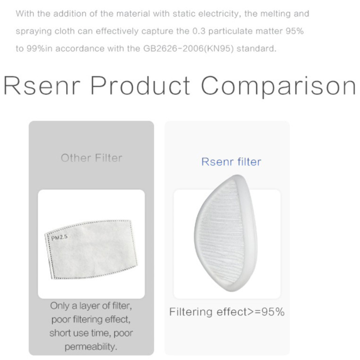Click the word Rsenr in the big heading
click(42, 85)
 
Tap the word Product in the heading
click(140, 85)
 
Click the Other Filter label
click(91, 158)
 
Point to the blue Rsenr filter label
click(231, 162)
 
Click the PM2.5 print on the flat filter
click(59, 238)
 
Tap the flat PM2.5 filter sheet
click(91, 250)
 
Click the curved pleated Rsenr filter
click(226, 233)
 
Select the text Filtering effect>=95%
click(227, 312)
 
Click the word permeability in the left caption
click(91, 346)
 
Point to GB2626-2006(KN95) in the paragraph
click(188, 49)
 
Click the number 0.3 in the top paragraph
click(199, 31)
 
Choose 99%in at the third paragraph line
click(40, 49)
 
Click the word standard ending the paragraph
click(256, 49)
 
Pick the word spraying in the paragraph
click(34, 31)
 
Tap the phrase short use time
click(81, 333)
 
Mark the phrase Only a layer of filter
click(91, 306)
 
